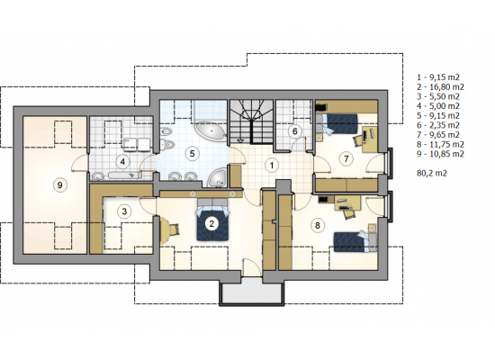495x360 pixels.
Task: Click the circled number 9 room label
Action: click(x=60, y=185)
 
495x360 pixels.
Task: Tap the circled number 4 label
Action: click(x=122, y=162)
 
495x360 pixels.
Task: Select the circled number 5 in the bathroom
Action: click(x=192, y=154)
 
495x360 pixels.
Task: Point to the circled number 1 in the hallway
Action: click(x=271, y=166)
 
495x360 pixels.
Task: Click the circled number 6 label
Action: click(x=295, y=131)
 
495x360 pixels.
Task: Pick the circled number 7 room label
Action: click(x=346, y=158)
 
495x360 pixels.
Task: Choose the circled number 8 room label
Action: click(x=318, y=225)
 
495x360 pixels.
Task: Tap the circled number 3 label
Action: click(x=124, y=211)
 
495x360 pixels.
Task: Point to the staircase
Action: click(x=251, y=122)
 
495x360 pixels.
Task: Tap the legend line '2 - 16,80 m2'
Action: click(x=440, y=86)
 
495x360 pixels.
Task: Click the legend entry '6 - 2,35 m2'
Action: click(x=438, y=125)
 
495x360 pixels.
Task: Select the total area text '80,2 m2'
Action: click(x=432, y=174)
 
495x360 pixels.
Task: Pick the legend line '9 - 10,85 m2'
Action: click(x=440, y=154)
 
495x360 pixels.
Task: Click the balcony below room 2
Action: click(x=252, y=292)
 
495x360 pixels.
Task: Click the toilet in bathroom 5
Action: click(x=168, y=144)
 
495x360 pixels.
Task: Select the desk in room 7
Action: click(x=369, y=139)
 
